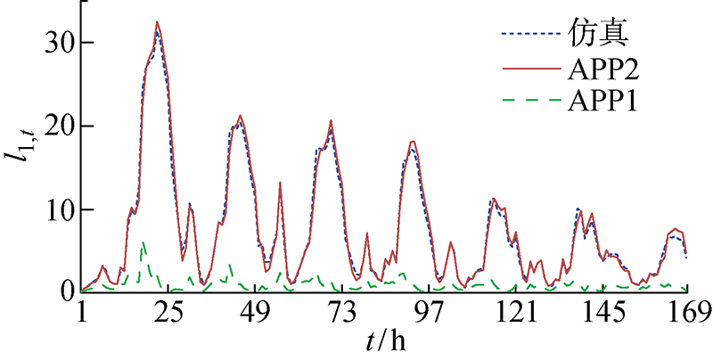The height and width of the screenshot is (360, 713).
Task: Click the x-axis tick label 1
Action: pos(81,312)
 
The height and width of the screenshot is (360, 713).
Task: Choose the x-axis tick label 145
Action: pos(602,312)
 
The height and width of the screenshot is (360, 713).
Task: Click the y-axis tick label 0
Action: pos(64,291)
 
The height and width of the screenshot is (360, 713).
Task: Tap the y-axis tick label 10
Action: pos(56,209)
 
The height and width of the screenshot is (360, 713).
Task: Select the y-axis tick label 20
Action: pos(56,126)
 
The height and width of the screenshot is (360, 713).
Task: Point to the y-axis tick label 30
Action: pos(56,43)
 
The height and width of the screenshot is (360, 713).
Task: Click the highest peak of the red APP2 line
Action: pos(157,22)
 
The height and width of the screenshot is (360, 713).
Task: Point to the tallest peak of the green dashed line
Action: pos(143,241)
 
